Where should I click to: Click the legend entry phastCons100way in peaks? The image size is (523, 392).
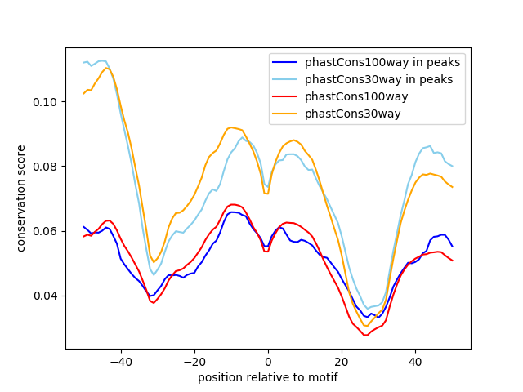(382, 62)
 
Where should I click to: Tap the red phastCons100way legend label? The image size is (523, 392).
(367, 96)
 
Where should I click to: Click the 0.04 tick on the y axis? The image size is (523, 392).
(47, 296)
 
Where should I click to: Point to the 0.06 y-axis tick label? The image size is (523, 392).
(47, 231)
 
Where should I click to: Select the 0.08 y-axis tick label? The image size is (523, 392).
(47, 167)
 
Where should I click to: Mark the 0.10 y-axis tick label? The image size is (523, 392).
(47, 102)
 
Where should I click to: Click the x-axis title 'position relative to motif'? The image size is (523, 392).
(267, 377)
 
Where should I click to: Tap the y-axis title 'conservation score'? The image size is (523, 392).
(22, 198)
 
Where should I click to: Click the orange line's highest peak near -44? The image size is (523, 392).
(106, 68)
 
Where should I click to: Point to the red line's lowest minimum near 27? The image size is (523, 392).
(366, 335)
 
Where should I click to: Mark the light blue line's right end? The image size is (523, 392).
(452, 166)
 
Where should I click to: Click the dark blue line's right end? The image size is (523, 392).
(452, 246)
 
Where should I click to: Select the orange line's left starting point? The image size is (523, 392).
(84, 93)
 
